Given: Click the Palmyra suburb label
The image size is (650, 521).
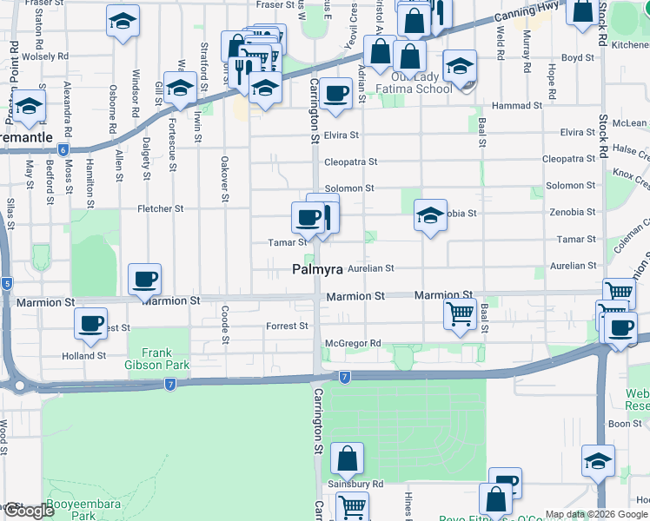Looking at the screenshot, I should click(x=316, y=270).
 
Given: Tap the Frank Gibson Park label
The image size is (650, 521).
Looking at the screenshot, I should click(x=158, y=359).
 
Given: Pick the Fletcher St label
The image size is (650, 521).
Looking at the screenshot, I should click(x=161, y=208).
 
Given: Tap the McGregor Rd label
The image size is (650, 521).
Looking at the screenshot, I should click(x=353, y=343).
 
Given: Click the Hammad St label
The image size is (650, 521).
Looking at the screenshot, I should click(x=517, y=105).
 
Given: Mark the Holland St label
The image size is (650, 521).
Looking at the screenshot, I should click(x=83, y=355).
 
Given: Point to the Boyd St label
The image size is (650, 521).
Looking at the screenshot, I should click(x=578, y=58).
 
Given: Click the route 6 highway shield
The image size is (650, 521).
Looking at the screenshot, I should click(x=63, y=149).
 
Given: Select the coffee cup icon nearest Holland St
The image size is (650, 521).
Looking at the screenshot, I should click(x=90, y=322).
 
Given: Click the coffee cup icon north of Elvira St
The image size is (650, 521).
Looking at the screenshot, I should click(x=335, y=92).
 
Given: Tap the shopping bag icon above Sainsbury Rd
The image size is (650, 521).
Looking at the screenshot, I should click(x=347, y=458).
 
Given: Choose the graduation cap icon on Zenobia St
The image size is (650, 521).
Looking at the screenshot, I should click(x=430, y=215).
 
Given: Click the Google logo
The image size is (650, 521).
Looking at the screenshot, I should click(x=30, y=510).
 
